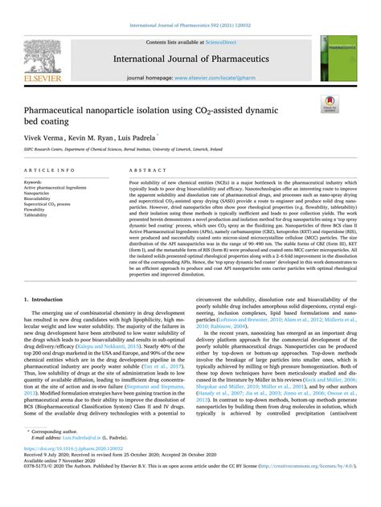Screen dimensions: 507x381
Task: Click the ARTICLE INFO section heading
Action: tap(51, 171)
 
